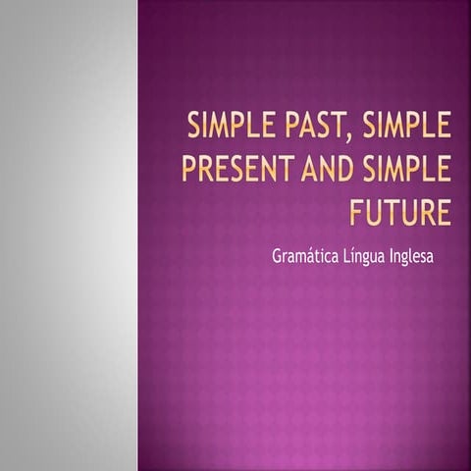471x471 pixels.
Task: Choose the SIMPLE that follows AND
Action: pyautogui.click(x=402, y=170)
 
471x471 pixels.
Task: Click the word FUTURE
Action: pyautogui.click(x=400, y=212)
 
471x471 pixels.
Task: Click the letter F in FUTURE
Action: pyautogui.click(x=358, y=212)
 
